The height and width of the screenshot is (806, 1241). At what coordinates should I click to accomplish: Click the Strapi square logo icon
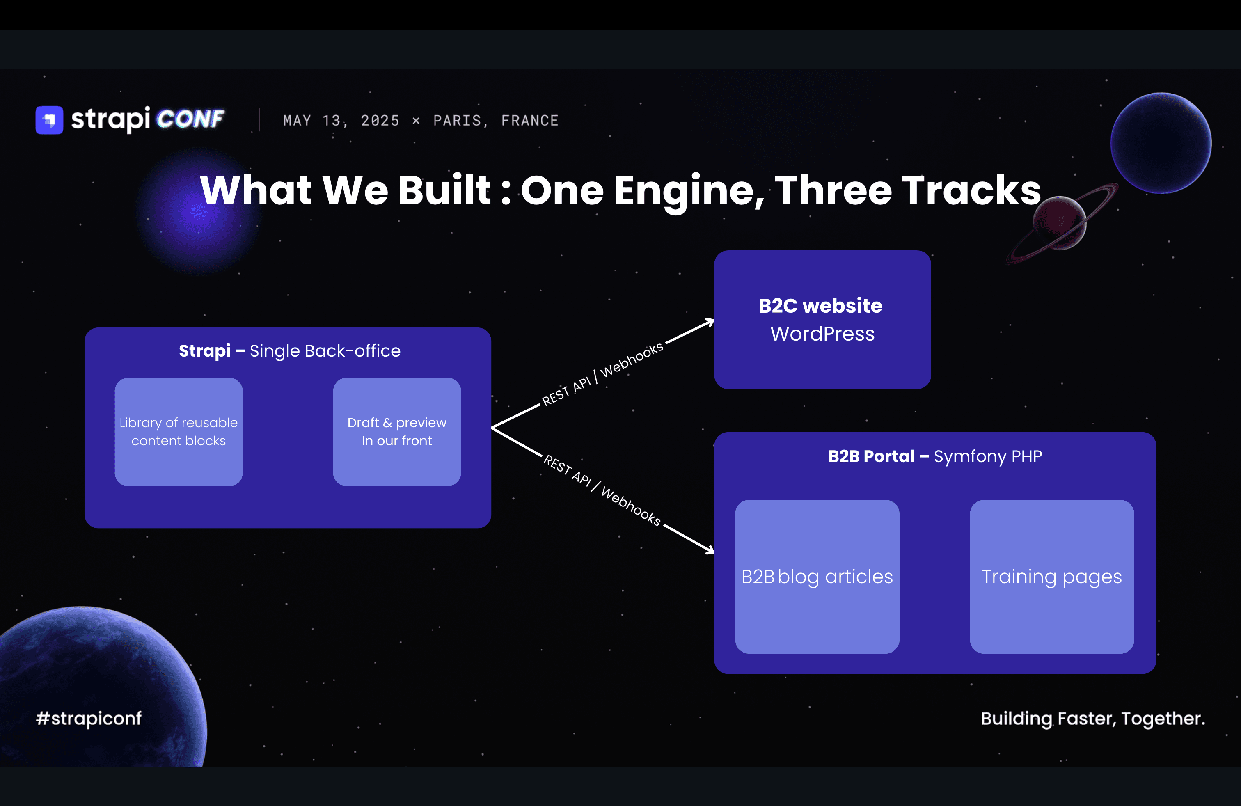pos(49,120)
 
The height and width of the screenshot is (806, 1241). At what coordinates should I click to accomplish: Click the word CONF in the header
pos(190,119)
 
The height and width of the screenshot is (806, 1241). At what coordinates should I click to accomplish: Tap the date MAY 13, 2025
pos(341,120)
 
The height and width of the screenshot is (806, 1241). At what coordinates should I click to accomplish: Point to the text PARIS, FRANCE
pos(496,120)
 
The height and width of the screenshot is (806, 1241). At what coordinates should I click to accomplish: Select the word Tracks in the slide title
pos(971,190)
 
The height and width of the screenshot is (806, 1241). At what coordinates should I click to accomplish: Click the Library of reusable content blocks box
pos(179,432)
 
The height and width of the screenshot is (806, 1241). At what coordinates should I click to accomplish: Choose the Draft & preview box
pos(397,432)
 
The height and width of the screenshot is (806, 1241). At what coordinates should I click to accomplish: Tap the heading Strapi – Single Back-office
pos(289,351)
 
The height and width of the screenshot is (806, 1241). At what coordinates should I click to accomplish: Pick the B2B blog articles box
pos(817,577)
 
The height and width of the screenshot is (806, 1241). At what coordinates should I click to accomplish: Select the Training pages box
pos(1052,577)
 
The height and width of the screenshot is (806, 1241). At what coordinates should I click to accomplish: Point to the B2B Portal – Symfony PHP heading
pos(935,457)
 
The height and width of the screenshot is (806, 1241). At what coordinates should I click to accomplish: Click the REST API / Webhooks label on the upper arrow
pos(603,374)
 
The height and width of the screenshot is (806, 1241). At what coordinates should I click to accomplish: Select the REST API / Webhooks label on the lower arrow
pos(602,490)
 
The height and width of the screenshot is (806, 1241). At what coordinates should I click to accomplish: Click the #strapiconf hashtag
pos(89,719)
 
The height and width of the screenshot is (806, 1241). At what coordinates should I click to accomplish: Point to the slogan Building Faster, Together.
pos(1093,719)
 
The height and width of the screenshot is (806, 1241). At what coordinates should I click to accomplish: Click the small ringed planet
pos(1060,223)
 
